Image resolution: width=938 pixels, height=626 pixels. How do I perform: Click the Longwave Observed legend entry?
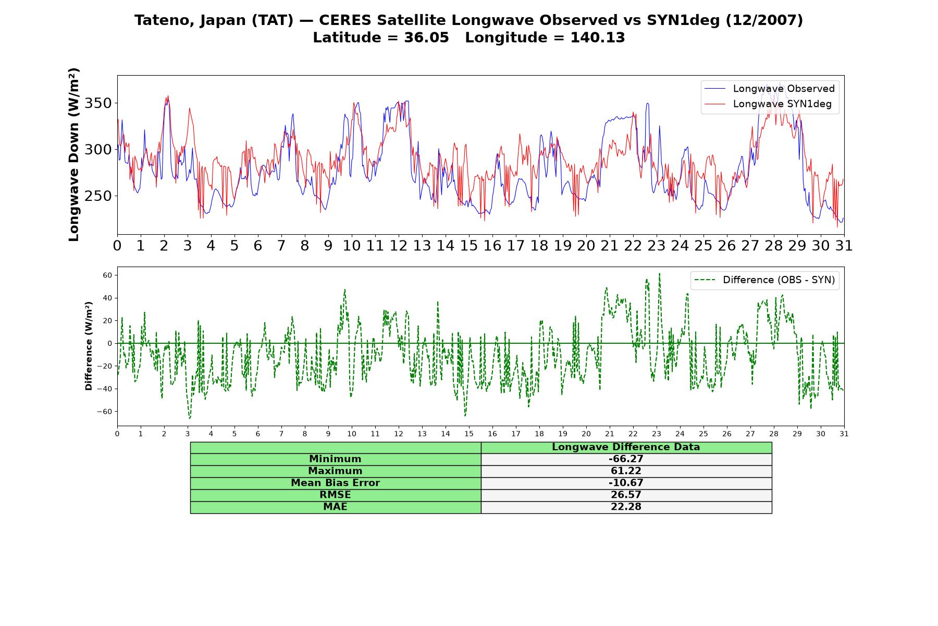[x=769, y=89]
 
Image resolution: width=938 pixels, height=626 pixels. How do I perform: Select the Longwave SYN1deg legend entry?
[x=768, y=104]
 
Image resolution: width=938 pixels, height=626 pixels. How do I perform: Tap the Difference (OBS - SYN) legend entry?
[x=764, y=280]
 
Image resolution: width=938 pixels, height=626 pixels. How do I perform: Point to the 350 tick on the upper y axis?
[x=98, y=103]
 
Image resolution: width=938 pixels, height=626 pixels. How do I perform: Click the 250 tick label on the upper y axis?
[x=98, y=196]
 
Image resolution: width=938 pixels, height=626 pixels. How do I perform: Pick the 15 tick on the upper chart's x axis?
[x=469, y=246]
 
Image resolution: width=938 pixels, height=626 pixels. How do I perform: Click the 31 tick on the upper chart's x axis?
[x=844, y=246]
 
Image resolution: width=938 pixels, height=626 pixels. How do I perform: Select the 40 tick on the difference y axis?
[x=108, y=298]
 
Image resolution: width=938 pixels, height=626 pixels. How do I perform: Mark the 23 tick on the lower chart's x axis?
[x=657, y=434]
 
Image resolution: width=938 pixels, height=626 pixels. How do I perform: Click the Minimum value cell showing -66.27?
[x=626, y=459]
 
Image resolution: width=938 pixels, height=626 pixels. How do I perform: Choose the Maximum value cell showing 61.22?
[x=626, y=471]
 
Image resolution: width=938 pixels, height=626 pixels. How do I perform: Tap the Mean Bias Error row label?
[x=336, y=483]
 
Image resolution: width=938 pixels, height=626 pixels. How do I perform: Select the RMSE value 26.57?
[x=626, y=495]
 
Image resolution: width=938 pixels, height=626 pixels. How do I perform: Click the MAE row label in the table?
[x=336, y=507]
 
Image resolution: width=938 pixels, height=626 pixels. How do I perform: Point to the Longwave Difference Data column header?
[x=626, y=447]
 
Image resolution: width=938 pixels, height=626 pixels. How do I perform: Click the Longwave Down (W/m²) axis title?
[x=74, y=154]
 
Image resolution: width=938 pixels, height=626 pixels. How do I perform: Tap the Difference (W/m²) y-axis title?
[x=89, y=346]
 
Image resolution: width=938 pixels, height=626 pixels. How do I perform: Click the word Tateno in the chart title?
[x=162, y=20]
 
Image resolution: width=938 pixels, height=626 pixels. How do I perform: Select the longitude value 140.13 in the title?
[x=598, y=38]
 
